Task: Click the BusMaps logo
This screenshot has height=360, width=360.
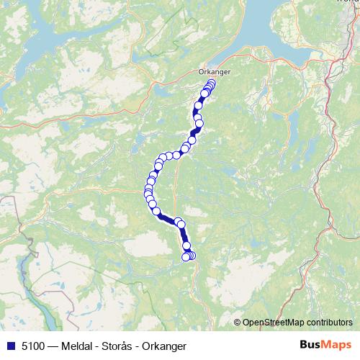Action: point(325,346)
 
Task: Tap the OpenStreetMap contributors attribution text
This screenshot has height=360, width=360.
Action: point(297,322)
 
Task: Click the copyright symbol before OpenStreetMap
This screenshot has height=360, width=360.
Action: point(238,322)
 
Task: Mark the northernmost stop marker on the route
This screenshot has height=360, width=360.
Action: point(211,84)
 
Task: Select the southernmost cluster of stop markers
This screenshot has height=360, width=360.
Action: point(189,256)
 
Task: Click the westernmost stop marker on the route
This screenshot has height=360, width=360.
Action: point(147,191)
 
